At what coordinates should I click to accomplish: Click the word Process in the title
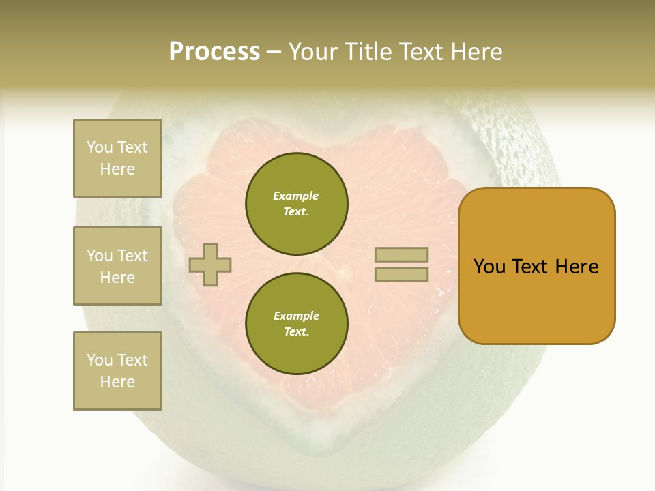click(x=214, y=52)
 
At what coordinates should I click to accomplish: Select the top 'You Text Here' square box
click(x=117, y=158)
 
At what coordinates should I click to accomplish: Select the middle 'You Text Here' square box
click(x=117, y=266)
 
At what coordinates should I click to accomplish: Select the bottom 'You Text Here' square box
click(x=117, y=371)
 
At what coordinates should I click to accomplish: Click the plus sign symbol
click(x=210, y=265)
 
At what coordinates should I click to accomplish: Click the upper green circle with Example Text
click(x=297, y=204)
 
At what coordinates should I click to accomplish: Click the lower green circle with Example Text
click(x=297, y=324)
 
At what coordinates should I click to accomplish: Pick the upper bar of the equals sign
click(x=401, y=254)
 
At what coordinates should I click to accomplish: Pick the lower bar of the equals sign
click(x=401, y=275)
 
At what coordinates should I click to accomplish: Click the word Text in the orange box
click(x=531, y=267)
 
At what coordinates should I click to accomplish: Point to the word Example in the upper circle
click(x=296, y=196)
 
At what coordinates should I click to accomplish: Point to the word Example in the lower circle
click(x=296, y=316)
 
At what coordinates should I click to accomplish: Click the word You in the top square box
click(x=100, y=147)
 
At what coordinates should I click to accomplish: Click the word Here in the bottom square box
click(x=117, y=382)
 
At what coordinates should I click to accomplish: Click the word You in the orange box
click(x=489, y=267)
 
